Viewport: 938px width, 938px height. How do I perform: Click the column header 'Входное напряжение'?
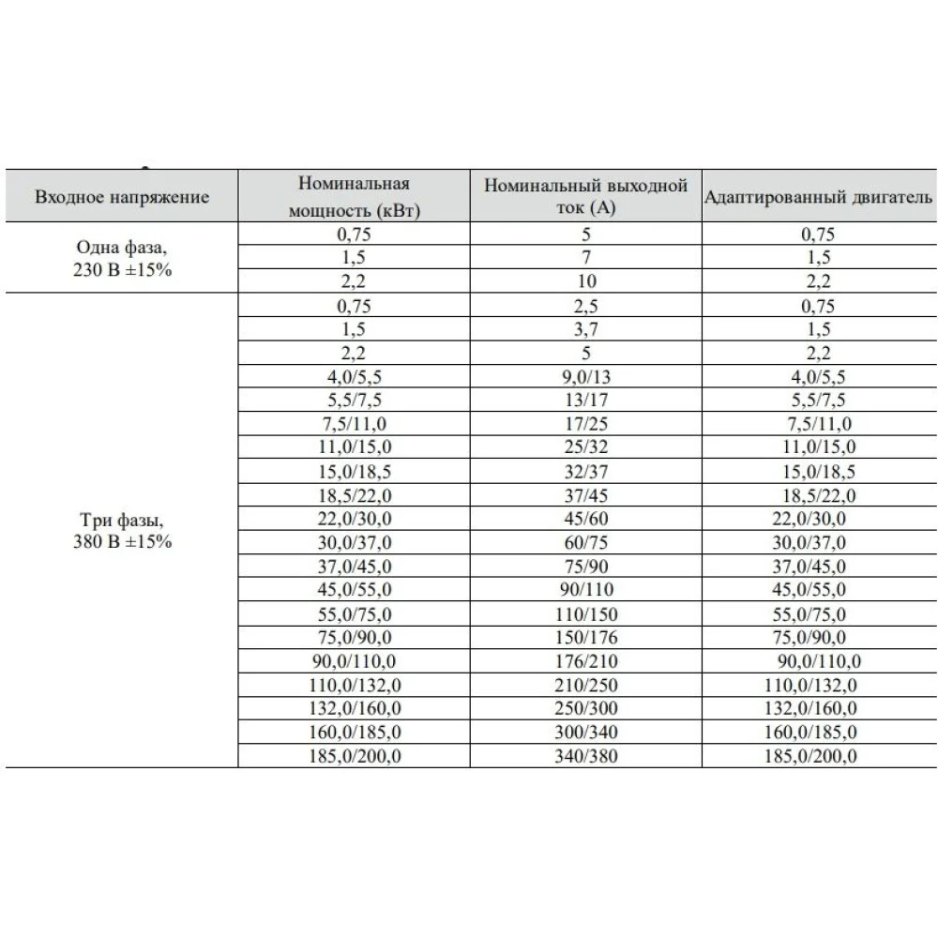(122, 197)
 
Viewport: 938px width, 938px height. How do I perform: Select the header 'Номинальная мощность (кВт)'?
(354, 197)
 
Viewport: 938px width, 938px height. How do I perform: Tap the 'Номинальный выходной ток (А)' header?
(586, 197)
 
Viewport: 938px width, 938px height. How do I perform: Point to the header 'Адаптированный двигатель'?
(817, 197)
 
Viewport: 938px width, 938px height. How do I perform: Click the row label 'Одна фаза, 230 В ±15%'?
(122, 258)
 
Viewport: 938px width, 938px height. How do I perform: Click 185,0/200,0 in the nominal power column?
(354, 756)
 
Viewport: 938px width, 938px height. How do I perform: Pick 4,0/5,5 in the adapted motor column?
(812, 377)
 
